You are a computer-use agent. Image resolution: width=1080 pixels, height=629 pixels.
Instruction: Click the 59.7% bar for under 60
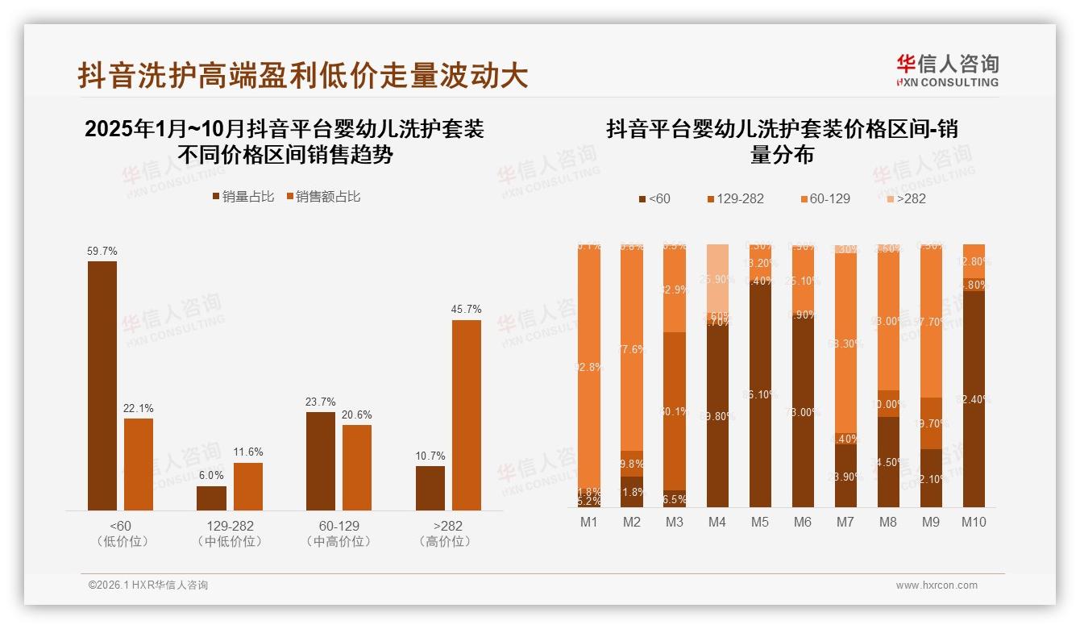point(102,385)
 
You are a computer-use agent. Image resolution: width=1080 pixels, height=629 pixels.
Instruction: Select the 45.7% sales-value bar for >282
point(466,415)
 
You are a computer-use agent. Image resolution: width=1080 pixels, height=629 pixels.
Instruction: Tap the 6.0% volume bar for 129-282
point(211,498)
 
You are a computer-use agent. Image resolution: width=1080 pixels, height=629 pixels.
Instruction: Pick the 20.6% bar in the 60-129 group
point(357,468)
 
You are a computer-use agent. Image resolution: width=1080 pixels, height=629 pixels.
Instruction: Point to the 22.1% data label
point(138,409)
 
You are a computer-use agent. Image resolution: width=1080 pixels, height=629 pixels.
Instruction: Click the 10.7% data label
point(430,456)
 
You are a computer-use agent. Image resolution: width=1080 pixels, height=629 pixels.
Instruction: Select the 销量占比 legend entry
point(243,196)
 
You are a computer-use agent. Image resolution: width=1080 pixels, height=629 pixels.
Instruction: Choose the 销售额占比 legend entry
point(322,196)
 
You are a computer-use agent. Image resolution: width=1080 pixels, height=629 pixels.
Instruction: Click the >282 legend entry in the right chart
point(905,198)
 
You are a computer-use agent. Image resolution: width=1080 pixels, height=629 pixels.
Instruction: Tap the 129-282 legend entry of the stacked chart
point(735,198)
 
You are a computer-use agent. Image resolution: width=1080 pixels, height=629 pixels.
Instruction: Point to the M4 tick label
point(717,523)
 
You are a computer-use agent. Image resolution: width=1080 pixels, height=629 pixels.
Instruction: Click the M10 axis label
point(974,523)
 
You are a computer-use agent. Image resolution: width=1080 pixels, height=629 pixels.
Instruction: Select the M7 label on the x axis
point(845,523)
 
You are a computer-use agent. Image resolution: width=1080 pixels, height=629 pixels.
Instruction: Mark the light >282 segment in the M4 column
point(717,278)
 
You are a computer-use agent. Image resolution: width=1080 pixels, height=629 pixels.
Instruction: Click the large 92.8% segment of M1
point(589,367)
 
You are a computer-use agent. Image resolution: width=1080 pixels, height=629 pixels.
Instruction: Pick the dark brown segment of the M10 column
point(974,399)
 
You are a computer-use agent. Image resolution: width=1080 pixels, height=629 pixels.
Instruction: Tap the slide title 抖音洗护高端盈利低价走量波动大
point(303,75)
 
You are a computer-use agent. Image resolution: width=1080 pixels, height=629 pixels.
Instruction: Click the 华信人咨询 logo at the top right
point(947,70)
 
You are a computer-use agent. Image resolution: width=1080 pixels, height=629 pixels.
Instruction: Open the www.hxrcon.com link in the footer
point(937,585)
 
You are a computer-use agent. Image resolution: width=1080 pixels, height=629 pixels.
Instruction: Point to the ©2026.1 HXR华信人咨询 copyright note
point(148,585)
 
